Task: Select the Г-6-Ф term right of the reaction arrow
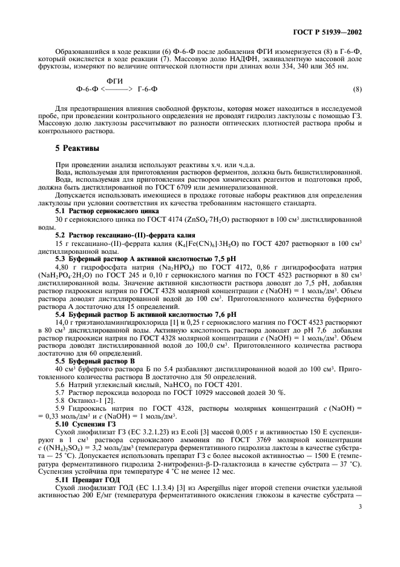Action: click(x=148, y=90)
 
